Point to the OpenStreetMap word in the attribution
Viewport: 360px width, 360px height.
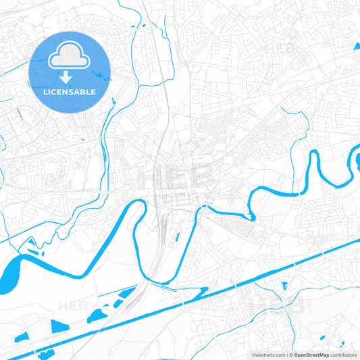click(311, 355)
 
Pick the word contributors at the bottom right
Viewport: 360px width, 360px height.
click(343, 355)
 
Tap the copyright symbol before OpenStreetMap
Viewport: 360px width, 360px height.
click(291, 355)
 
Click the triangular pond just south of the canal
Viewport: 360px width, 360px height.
click(284, 286)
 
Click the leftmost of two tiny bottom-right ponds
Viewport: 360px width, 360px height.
click(322, 337)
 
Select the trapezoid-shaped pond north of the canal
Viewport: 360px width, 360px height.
click(59, 326)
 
